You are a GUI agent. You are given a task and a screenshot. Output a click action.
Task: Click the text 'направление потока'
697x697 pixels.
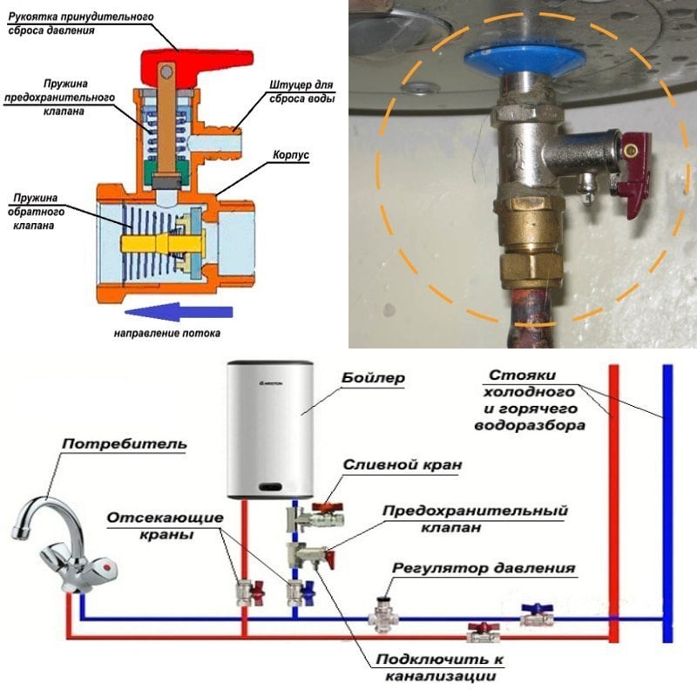click(166, 334)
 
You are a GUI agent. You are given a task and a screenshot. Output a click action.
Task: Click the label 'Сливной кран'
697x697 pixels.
click(390, 465)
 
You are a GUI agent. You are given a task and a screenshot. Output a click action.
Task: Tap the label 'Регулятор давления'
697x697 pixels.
click(483, 568)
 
